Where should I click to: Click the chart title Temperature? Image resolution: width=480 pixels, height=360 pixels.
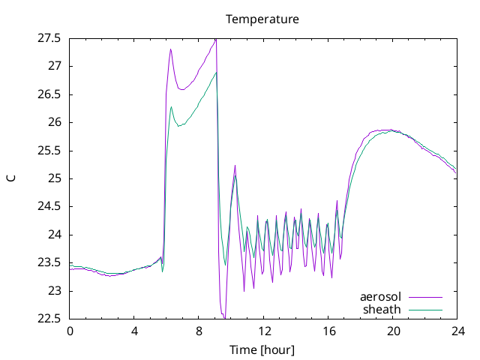pos(262,19)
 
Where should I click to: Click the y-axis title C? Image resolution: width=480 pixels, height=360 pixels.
pos(11,178)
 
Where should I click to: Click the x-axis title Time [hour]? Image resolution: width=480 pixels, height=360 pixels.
pos(262,349)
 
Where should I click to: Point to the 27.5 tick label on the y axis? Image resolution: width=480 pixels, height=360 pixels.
pos(49,38)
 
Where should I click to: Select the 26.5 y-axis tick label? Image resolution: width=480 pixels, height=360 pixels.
pos(49,94)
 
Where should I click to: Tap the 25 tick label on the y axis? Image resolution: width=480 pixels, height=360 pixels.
pos(55,178)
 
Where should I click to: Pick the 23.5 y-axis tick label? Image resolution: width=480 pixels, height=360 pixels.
pos(49,262)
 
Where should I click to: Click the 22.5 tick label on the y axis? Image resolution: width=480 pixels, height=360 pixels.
pos(49,319)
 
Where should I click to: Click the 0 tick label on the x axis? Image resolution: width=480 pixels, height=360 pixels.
pos(70,331)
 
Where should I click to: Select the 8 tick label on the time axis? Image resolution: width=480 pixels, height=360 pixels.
pos(199,331)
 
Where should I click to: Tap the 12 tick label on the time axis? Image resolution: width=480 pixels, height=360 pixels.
pos(265,331)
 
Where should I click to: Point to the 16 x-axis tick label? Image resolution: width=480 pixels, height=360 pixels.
pos(329,331)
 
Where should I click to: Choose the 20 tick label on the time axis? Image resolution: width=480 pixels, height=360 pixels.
pos(393,331)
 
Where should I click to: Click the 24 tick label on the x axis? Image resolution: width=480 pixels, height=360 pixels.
pos(458,331)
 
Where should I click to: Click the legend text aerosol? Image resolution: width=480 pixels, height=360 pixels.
pos(380,297)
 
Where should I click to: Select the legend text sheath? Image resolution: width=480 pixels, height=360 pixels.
pos(382,310)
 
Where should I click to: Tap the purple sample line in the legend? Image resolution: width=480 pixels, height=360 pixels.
pos(425,297)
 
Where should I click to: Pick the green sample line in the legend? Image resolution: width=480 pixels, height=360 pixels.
pos(425,310)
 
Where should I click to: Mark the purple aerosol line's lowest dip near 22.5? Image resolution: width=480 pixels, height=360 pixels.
pos(225,317)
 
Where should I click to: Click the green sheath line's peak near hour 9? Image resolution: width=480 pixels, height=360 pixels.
pos(217,73)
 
